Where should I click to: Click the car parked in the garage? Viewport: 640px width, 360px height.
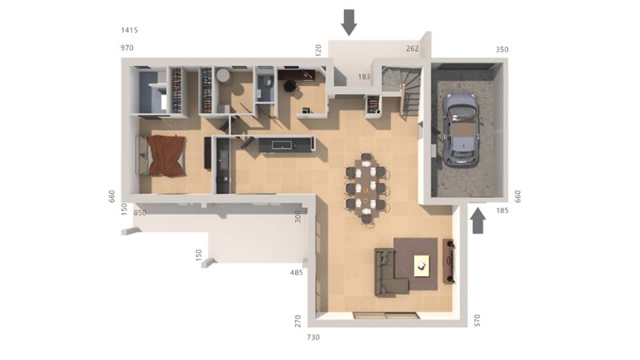click(460, 129)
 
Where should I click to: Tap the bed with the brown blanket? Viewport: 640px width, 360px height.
click(165, 155)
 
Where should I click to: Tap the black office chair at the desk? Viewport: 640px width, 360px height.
click(290, 86)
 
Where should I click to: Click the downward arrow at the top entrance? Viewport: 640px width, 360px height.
click(349, 22)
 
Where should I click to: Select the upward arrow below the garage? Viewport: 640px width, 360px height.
click(479, 222)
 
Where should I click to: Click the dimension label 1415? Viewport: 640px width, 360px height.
click(129, 31)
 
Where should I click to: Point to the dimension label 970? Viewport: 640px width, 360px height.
click(127, 49)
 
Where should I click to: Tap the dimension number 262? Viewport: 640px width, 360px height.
click(413, 49)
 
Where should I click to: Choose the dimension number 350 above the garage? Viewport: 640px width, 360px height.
click(502, 50)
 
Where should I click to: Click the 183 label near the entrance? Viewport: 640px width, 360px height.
click(364, 77)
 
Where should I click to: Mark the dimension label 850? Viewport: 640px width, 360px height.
click(140, 213)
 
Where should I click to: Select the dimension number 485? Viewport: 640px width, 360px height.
click(297, 273)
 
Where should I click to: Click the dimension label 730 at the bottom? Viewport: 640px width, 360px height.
click(313, 337)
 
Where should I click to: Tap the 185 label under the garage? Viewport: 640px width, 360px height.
click(503, 211)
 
